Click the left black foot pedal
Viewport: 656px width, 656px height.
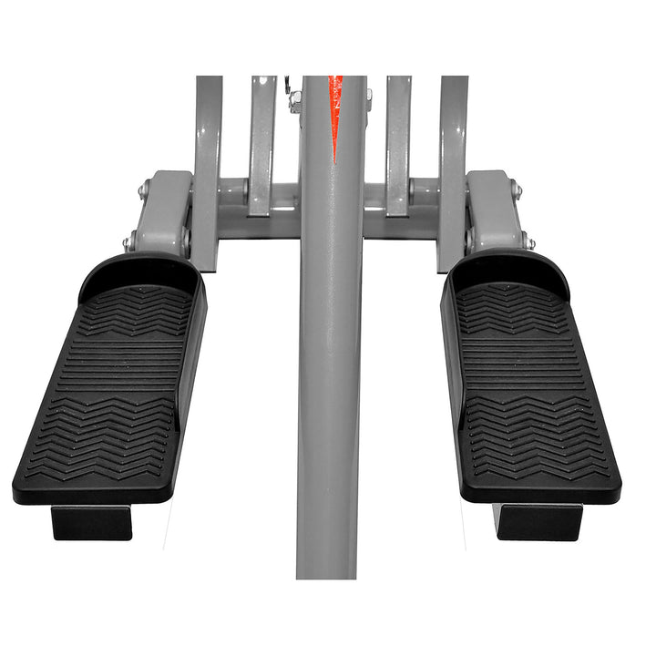coord(109,392)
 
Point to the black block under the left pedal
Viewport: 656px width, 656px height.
coord(91,522)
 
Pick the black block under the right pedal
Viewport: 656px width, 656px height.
coord(538,521)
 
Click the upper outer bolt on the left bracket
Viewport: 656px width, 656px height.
coord(143,191)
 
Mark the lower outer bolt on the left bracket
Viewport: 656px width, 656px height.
coord(128,243)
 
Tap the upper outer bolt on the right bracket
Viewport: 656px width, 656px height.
coord(517,191)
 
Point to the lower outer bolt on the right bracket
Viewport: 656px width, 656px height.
coord(529,243)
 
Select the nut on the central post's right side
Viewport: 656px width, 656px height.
coord(368,97)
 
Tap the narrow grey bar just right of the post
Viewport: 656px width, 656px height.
coord(398,146)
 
